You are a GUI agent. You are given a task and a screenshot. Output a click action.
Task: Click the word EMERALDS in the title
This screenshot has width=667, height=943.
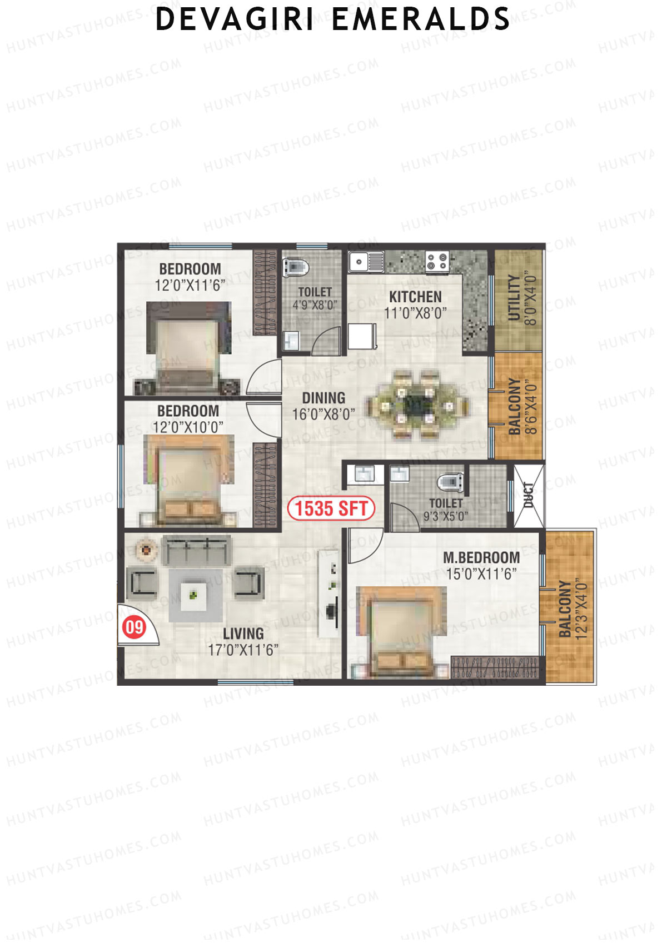(421, 19)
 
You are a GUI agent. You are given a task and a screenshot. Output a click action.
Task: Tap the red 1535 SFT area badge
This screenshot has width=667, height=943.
(331, 508)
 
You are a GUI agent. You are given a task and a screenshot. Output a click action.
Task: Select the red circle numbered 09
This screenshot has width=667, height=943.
(134, 627)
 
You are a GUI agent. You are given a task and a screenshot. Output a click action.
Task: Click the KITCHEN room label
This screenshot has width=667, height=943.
(415, 297)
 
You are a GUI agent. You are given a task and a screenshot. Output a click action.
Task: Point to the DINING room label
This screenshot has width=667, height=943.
(323, 398)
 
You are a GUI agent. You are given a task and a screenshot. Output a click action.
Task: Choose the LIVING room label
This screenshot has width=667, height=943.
(243, 633)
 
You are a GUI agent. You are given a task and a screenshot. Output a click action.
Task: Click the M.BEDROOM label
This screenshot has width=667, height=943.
(481, 557)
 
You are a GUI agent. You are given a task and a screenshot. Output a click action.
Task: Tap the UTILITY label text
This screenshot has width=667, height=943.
(515, 298)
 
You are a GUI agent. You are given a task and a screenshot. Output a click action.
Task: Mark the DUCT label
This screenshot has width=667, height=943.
(529, 495)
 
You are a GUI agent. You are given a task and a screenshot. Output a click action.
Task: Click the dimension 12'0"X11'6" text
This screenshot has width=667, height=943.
(190, 286)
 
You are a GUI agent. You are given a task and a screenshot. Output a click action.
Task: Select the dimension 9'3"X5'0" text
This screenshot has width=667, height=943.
(446, 516)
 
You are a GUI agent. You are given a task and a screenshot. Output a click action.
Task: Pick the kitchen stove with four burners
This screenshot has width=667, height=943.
(437, 261)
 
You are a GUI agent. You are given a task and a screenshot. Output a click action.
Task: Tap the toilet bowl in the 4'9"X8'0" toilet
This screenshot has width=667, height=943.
(296, 267)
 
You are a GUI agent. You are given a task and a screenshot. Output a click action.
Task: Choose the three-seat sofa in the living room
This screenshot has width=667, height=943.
(196, 550)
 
